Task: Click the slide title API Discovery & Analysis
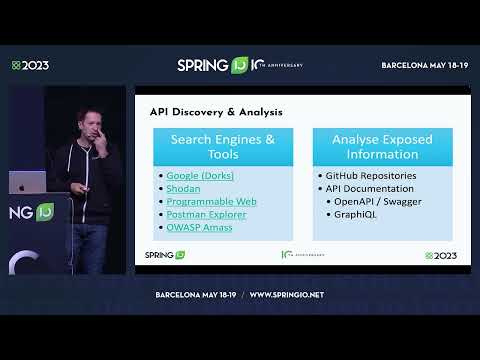click(216, 112)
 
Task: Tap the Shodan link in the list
click(183, 188)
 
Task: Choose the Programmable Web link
click(211, 201)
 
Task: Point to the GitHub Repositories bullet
click(365, 175)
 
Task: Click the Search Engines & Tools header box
click(223, 147)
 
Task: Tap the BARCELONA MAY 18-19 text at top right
click(425, 65)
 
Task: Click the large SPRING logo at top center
click(212, 65)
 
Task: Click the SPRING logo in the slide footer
click(165, 255)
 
